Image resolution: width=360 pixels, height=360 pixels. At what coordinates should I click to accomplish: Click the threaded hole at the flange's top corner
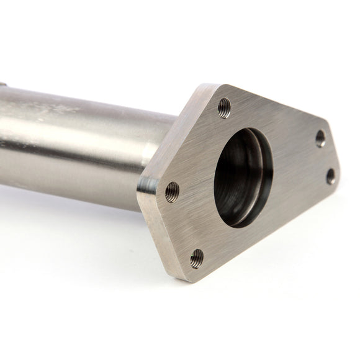click(x=224, y=108)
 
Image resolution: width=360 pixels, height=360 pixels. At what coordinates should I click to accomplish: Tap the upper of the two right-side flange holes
click(x=320, y=138)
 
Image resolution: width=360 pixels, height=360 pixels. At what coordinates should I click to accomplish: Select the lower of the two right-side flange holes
click(x=330, y=176)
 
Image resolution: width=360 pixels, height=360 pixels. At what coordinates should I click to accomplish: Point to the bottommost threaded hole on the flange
click(x=197, y=256)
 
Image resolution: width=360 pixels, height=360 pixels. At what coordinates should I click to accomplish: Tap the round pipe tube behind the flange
click(x=81, y=143)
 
